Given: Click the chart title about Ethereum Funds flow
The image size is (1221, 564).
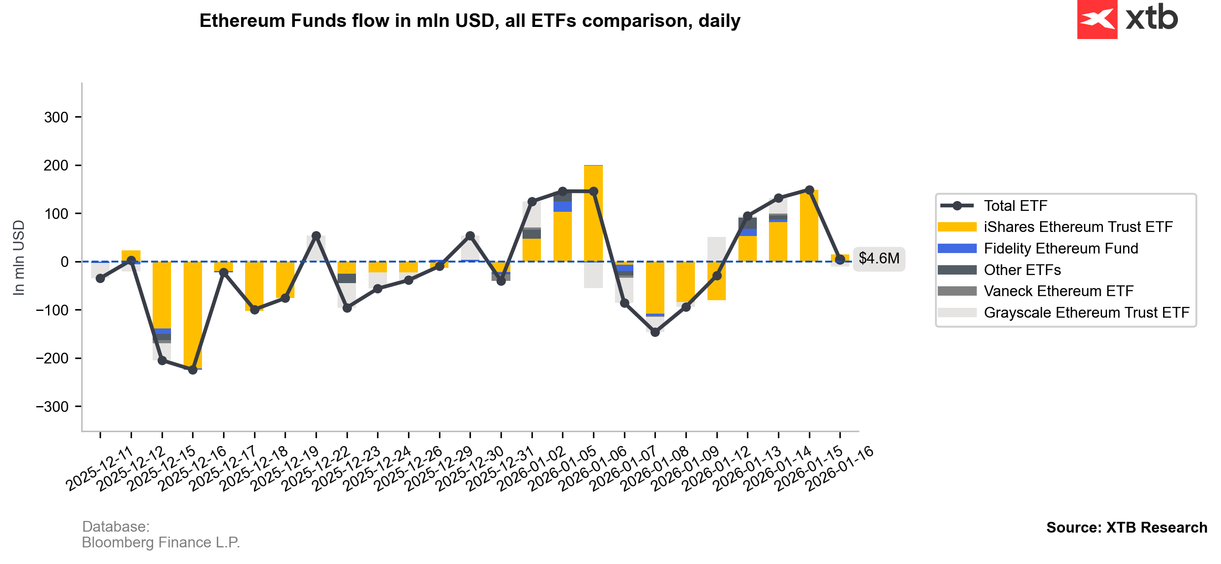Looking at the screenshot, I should (x=469, y=21).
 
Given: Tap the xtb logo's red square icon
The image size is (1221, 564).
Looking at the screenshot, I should (x=1097, y=19).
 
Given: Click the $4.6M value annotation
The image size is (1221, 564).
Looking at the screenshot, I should (x=878, y=258).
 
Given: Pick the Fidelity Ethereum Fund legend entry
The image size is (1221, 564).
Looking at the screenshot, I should (x=1060, y=249).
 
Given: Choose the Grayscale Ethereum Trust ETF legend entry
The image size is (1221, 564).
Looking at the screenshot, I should (x=1086, y=313).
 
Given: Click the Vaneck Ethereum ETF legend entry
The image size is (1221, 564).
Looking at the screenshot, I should (x=1058, y=291).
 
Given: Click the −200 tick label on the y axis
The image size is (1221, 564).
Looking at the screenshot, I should (x=53, y=359).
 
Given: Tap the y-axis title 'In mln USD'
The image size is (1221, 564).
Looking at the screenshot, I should (x=18, y=258).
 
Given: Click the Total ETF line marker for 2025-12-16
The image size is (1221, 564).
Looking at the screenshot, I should (x=193, y=369).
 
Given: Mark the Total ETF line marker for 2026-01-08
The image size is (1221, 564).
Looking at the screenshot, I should (x=655, y=332).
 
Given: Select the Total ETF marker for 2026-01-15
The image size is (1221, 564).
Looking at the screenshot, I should (x=809, y=190).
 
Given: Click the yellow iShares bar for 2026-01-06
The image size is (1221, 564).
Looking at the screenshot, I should (x=593, y=213).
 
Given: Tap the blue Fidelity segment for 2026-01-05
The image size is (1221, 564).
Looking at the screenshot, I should (x=562, y=207).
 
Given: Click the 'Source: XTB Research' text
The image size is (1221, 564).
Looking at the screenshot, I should (x=1126, y=528).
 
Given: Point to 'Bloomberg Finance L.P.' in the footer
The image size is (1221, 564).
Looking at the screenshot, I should (x=161, y=542).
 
